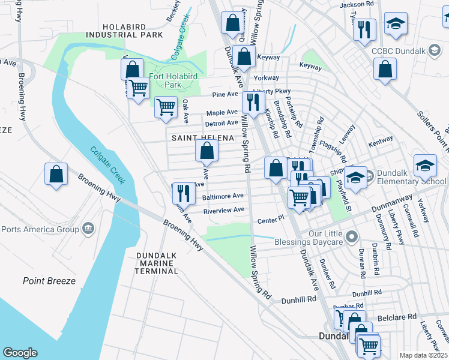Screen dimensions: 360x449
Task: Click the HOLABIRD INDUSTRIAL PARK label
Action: point(133,31)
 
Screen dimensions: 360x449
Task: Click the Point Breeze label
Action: point(49,281)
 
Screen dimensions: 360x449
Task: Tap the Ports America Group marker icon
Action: point(88,228)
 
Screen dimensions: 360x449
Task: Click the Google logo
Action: point(20,353)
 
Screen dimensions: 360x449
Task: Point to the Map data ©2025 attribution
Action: point(423,355)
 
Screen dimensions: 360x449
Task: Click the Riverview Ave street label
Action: point(224,210)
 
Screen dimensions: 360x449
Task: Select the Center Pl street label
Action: point(270,220)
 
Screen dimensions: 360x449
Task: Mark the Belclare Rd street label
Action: point(396,316)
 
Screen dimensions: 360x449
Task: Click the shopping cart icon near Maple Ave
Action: point(166,107)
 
